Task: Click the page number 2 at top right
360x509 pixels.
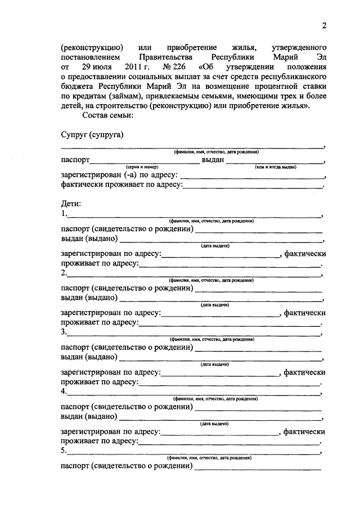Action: (324, 25)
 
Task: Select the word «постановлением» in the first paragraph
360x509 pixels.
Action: (91, 57)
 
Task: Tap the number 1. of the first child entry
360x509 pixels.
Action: (64, 214)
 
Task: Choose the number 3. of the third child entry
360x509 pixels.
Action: (64, 332)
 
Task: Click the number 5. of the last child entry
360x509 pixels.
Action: (64, 450)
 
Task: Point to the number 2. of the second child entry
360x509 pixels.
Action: (64, 273)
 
